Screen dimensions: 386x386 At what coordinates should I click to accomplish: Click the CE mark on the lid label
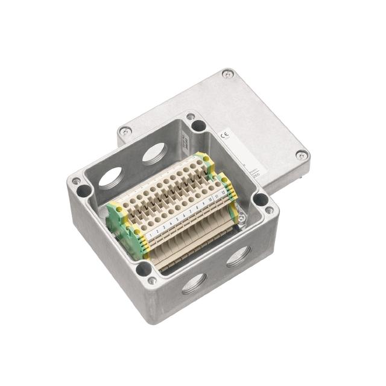(225, 135)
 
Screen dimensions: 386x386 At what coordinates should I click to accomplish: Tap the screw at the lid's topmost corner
(227, 74)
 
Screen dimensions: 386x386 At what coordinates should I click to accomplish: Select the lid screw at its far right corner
(301, 156)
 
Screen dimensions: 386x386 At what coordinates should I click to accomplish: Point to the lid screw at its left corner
(125, 131)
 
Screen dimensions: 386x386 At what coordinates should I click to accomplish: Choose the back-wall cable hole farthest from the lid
(110, 178)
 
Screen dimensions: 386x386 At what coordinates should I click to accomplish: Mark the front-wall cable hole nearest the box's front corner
(194, 283)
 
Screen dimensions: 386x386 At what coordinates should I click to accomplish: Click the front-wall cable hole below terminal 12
(238, 256)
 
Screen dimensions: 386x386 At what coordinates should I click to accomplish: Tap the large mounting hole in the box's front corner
(144, 269)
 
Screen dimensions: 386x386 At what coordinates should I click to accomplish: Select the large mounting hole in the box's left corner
(84, 191)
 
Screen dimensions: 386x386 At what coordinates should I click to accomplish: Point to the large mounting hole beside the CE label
(198, 125)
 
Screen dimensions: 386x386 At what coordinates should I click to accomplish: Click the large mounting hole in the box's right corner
(261, 199)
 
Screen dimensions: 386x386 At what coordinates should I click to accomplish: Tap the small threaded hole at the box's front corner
(153, 280)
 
